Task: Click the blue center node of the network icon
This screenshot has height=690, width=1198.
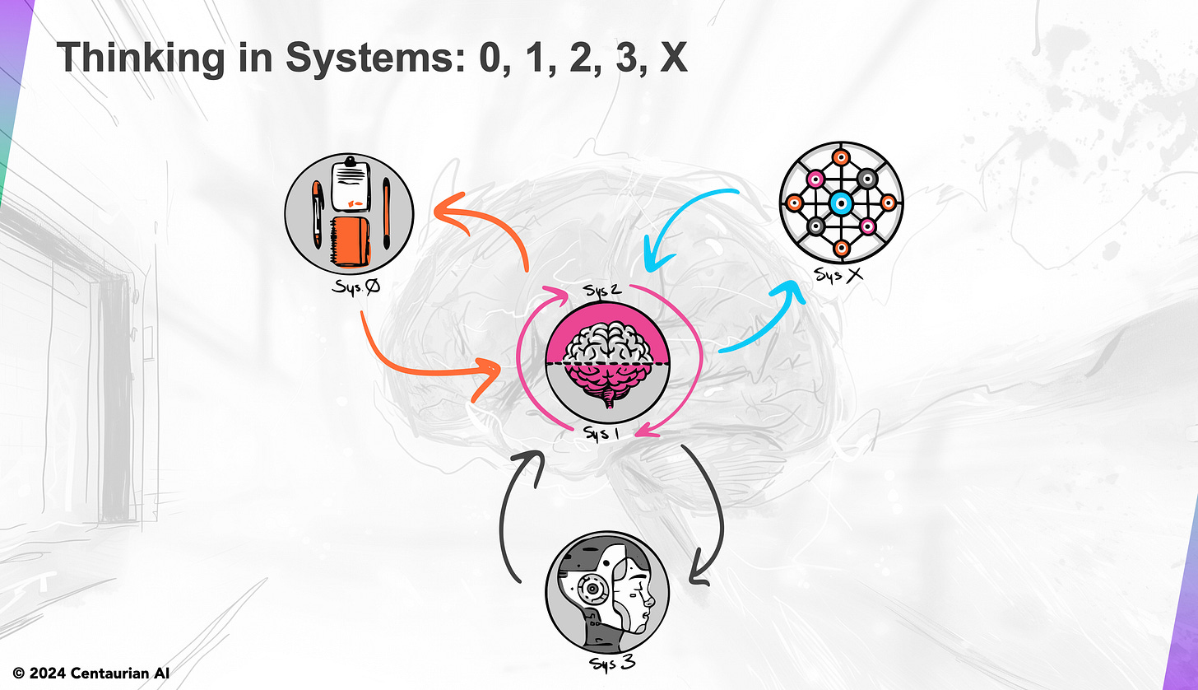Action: coord(840,203)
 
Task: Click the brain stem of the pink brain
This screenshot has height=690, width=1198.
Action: coord(608,400)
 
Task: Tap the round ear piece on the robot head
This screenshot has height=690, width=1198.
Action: coord(590,590)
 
